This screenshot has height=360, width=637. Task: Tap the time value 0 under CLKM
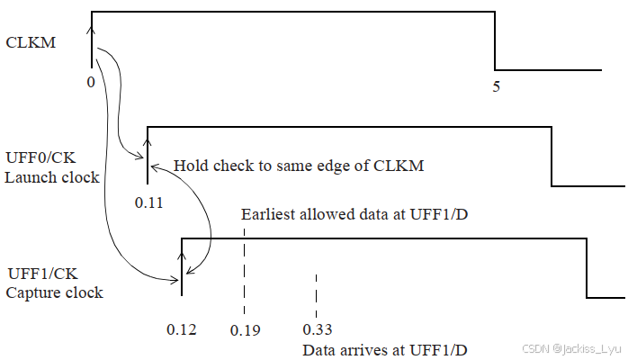pos(91,81)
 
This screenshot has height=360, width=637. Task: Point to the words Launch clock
pos(51,176)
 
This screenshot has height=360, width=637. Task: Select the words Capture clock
pos(54,292)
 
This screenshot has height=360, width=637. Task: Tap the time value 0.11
pos(148,203)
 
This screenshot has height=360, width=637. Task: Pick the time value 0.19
pos(245,329)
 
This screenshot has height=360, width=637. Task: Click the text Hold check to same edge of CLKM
pos(298,166)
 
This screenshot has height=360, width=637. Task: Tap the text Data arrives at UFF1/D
pos(385,349)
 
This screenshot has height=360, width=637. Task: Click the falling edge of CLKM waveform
pos(495,40)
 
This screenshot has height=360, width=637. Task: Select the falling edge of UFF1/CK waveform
pos(587,267)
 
